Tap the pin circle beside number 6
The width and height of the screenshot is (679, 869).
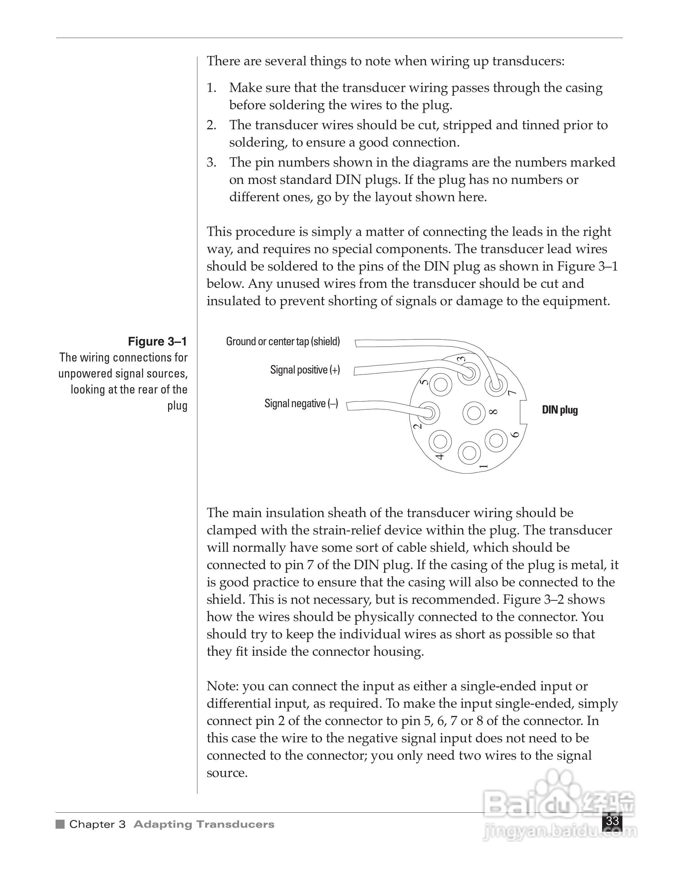tap(496, 440)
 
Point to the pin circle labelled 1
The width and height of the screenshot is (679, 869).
tap(470, 453)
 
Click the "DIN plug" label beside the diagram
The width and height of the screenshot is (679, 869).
tap(560, 410)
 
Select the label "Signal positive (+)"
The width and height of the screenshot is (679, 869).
tap(305, 370)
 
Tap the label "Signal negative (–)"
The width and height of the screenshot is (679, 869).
tap(301, 404)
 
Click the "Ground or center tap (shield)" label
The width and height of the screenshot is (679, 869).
tap(283, 342)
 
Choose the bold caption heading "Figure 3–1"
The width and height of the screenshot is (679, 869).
tap(157, 342)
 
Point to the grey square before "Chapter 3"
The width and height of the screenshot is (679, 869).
tap(60, 824)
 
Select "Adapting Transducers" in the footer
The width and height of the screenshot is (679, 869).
tap(204, 824)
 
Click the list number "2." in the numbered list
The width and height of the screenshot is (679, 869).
tap(211, 125)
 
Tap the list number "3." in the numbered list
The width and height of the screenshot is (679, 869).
tap(211, 162)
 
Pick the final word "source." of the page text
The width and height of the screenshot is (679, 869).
tap(227, 773)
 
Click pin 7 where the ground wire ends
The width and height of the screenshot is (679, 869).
tap(495, 385)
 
